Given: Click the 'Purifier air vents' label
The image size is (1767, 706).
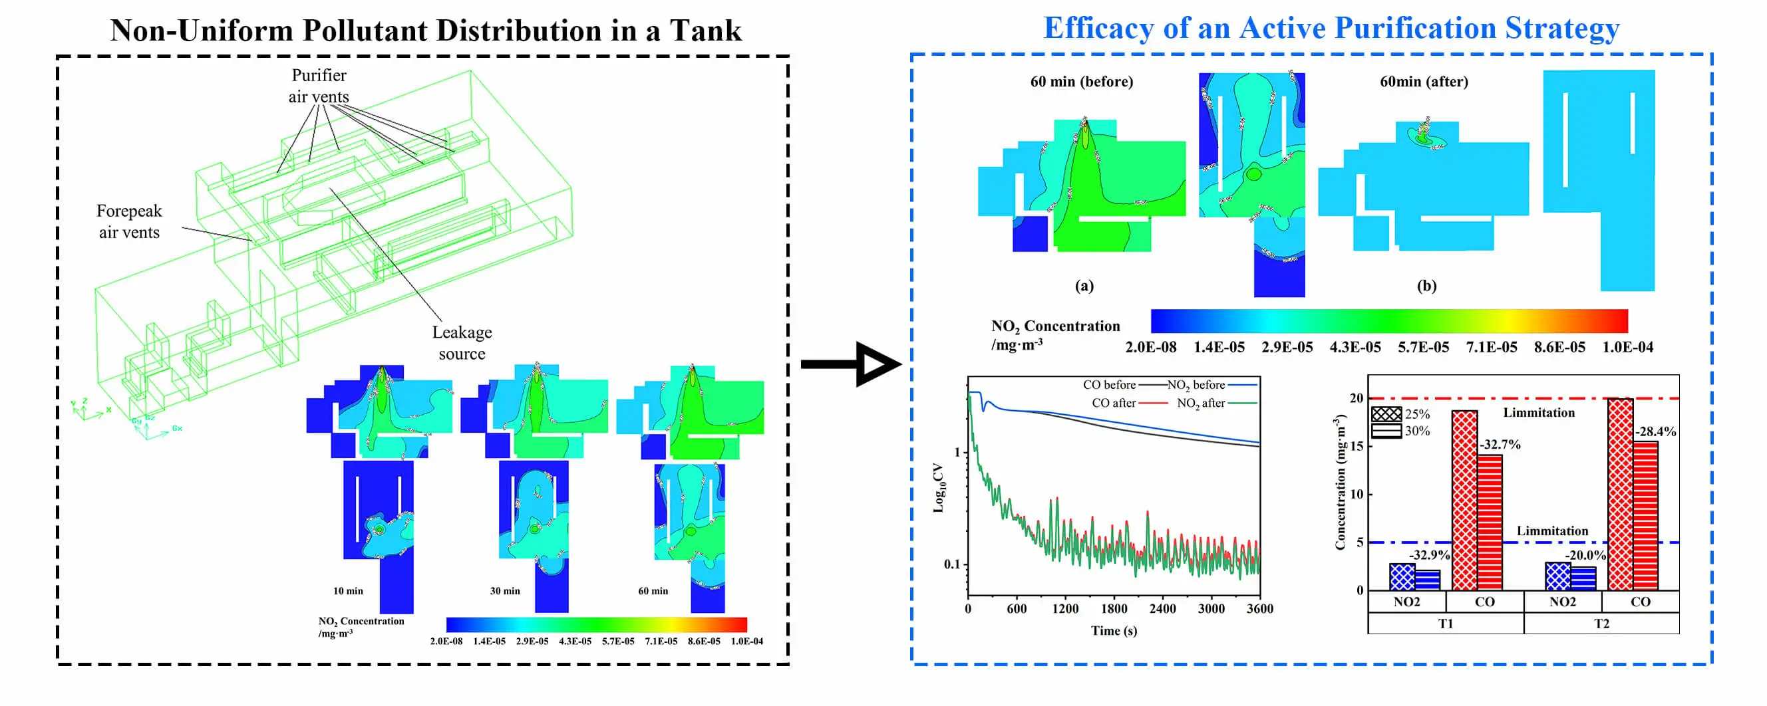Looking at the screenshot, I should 318,86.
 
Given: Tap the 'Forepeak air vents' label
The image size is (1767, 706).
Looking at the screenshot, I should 129,221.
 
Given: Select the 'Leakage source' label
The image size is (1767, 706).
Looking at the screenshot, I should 462,343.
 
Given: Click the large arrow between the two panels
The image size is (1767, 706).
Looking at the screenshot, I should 851,364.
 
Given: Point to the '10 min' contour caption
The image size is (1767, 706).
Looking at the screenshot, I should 348,591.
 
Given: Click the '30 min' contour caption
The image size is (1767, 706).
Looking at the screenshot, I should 504,591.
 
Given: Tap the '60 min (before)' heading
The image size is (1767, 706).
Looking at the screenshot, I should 1081,82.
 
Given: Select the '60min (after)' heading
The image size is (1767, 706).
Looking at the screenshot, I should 1423,82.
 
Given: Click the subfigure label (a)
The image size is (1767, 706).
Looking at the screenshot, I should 1084,286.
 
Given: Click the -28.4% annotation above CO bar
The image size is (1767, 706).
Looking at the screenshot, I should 1655,432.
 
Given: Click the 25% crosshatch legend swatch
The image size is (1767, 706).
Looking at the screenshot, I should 1386,414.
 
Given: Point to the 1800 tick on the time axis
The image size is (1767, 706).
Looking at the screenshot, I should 1114,609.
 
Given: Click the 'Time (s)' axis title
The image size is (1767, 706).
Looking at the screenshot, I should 1113,631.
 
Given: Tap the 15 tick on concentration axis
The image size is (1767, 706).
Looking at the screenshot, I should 1356,446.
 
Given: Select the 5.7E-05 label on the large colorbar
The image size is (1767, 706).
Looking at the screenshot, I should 1422,348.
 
